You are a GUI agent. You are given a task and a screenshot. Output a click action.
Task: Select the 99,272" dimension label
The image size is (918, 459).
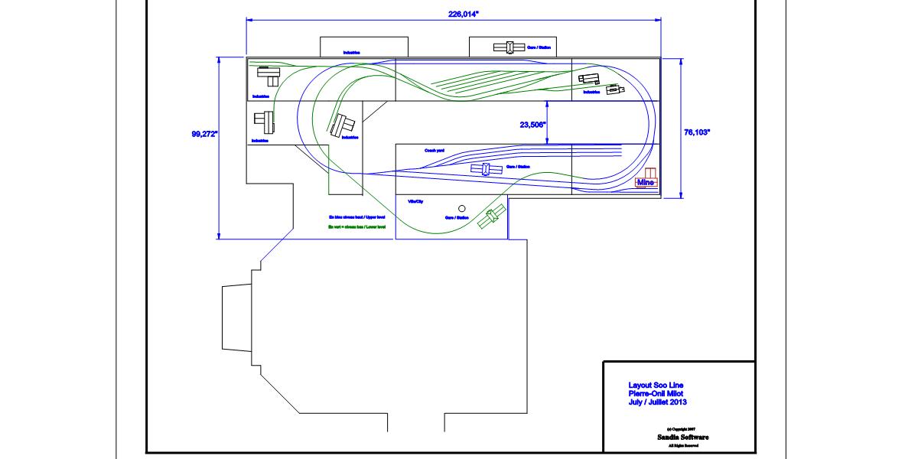coord(204,134)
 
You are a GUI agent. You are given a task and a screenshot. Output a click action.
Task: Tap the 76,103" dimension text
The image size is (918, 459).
coord(696,132)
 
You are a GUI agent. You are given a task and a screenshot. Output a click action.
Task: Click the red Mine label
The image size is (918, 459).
coord(646,182)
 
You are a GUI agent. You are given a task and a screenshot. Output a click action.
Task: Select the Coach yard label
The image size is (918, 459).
coord(435,151)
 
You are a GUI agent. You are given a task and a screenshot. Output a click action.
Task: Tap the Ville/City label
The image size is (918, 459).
coord(415,200)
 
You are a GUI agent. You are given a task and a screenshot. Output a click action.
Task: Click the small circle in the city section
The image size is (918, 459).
coord(461,208)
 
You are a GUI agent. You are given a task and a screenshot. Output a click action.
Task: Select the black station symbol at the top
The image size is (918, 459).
coord(504,47)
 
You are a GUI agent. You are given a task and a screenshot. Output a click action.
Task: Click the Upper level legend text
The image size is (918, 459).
coord(356,218)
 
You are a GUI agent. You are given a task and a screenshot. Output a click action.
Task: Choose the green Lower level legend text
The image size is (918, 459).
coord(356,227)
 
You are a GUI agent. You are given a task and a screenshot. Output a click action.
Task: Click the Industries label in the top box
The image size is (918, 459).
coord(352,53)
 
